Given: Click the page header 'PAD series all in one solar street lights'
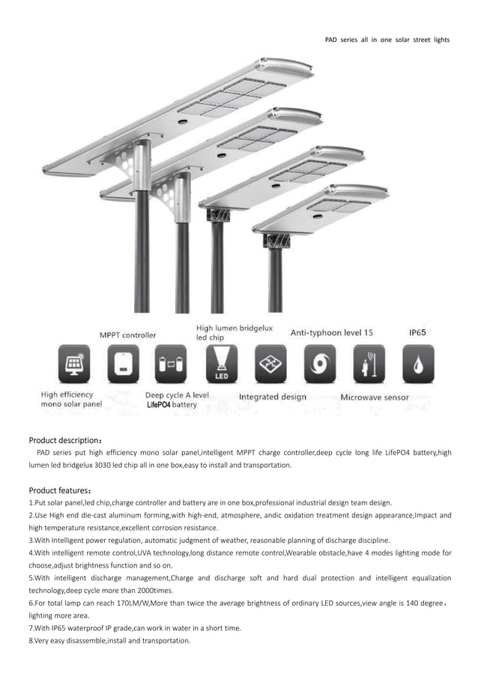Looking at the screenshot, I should (x=387, y=39).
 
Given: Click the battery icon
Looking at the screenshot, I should (x=170, y=364).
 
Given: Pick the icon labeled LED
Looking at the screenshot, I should (x=221, y=364).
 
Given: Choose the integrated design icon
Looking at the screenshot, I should (x=270, y=364).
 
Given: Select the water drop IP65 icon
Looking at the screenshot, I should (x=417, y=364).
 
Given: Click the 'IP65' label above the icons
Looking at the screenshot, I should (x=418, y=331).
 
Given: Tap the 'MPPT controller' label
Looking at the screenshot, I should (x=128, y=334).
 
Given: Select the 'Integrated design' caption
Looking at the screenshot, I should (x=272, y=397).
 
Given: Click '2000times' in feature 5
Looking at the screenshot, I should (x=155, y=590).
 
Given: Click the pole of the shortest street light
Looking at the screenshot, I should (x=276, y=281).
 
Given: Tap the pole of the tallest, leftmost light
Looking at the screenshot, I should (x=141, y=255).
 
